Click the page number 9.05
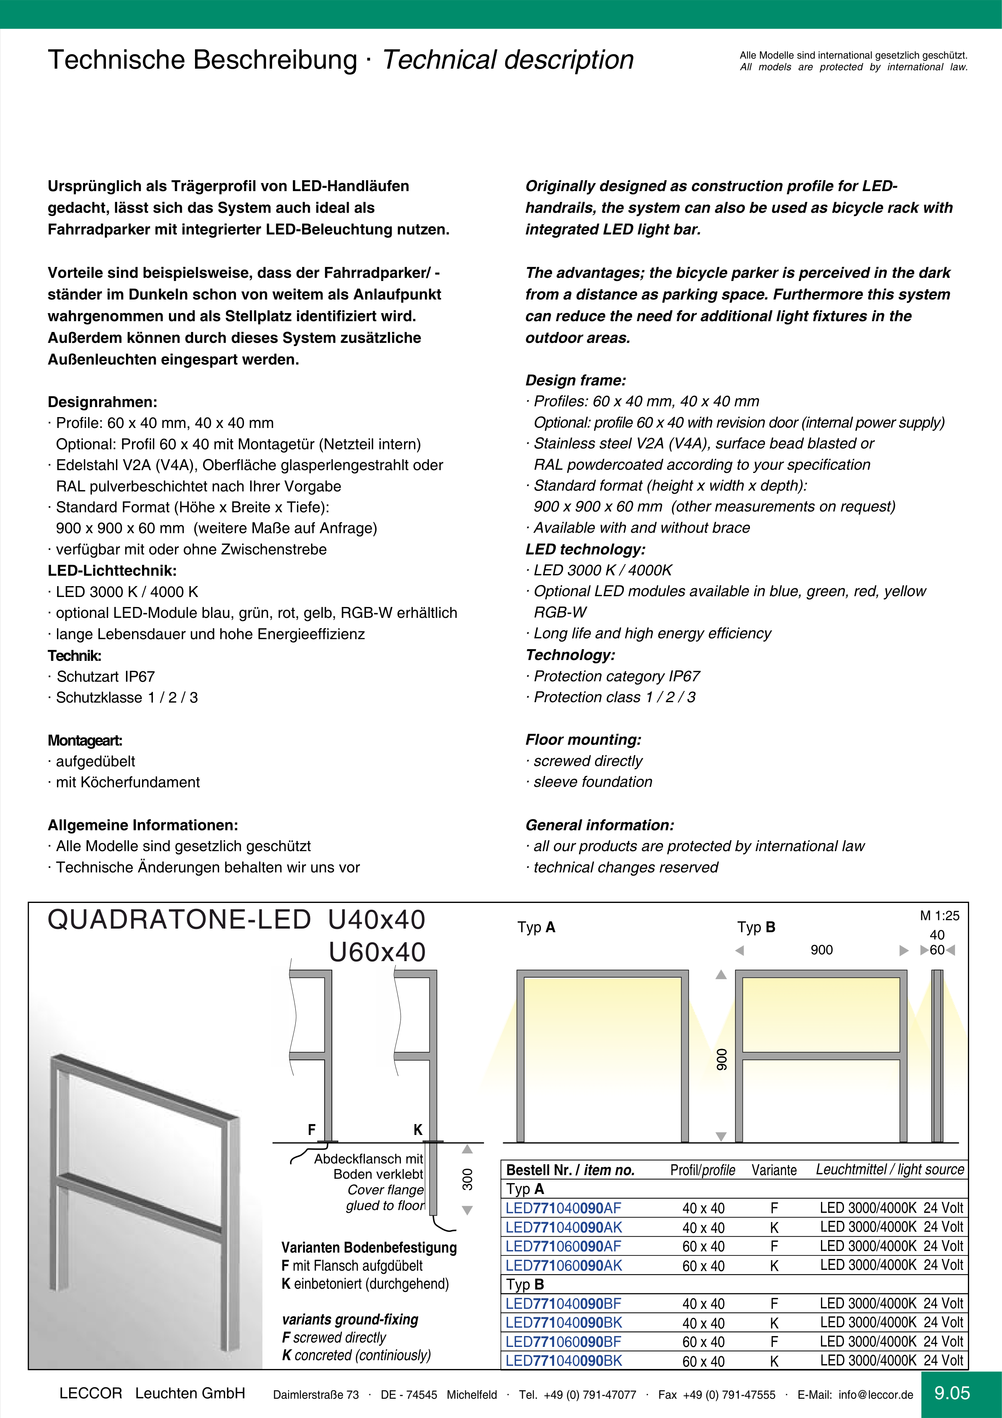(952, 1393)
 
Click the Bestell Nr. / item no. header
(571, 1170)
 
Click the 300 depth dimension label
(468, 1179)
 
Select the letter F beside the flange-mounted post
(312, 1130)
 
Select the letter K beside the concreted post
(418, 1130)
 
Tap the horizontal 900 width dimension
(821, 950)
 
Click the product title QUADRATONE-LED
(179, 920)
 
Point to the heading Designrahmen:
(102, 402)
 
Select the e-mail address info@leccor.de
(876, 1395)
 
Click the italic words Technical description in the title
(508, 60)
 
